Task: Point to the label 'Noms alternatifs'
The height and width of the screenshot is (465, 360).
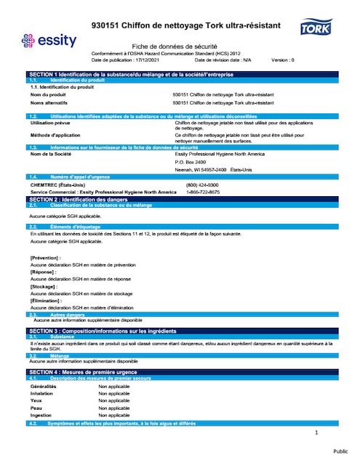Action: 49,103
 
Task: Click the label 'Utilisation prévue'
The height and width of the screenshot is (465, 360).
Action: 50,124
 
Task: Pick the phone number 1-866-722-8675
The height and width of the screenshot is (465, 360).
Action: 203,192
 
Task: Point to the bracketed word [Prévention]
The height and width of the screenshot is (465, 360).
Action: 45,258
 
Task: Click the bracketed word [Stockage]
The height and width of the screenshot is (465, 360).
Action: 44,287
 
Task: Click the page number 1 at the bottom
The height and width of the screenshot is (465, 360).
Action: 317,433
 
